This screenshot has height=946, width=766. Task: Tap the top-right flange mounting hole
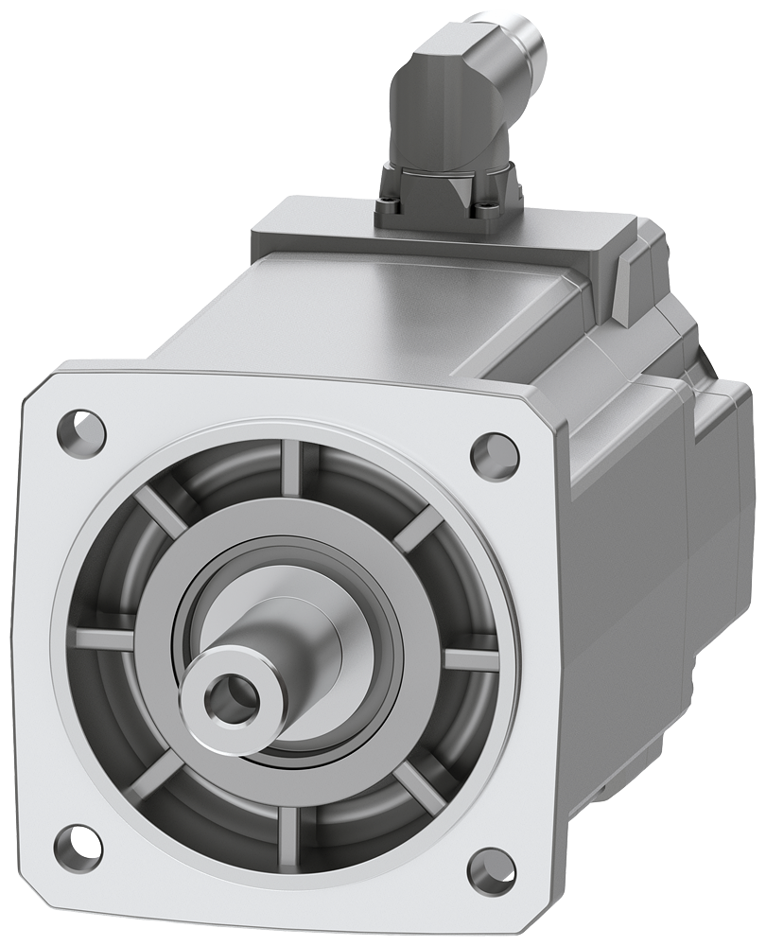tap(494, 455)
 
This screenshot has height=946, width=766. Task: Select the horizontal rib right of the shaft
tap(471, 659)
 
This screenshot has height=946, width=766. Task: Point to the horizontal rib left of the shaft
tap(104, 639)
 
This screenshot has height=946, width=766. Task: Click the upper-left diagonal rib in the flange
tap(161, 510)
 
